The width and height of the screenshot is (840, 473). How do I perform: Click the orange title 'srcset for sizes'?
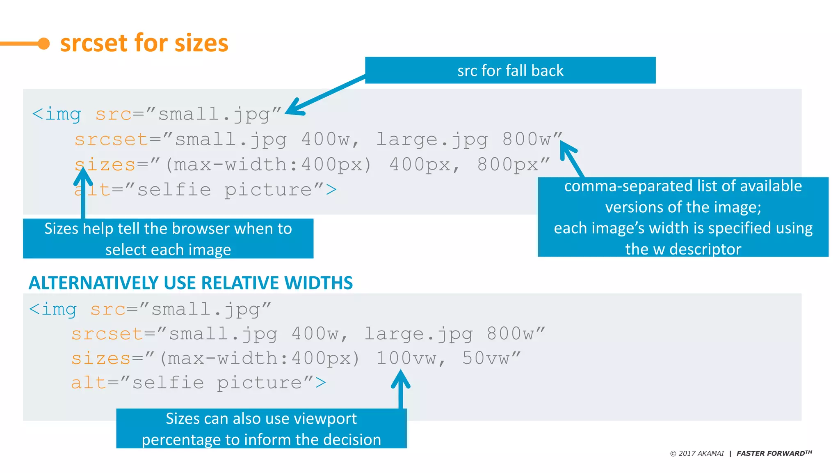tap(144, 43)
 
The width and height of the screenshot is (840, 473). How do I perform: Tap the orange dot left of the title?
tap(43, 44)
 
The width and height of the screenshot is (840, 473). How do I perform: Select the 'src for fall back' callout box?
tap(510, 70)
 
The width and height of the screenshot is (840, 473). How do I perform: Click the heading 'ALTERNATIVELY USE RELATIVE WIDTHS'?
tap(191, 283)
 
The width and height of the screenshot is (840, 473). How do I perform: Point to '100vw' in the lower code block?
tap(406, 358)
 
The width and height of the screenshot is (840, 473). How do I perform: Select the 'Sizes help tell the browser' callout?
tap(168, 239)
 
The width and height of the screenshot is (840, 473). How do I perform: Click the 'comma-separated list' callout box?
tap(683, 217)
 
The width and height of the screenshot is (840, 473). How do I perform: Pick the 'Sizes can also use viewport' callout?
tap(261, 429)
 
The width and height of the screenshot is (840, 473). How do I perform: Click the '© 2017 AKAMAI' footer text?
tap(697, 453)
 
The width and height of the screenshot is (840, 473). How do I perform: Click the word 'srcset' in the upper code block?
tap(111, 140)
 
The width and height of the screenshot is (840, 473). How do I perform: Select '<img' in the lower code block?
tap(53, 309)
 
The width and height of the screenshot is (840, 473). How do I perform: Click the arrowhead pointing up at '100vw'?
tap(401, 374)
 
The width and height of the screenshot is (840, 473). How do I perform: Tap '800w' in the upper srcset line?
tap(527, 140)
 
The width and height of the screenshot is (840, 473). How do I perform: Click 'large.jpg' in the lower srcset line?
tap(418, 334)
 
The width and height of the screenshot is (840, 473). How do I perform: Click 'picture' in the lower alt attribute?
tap(259, 383)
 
